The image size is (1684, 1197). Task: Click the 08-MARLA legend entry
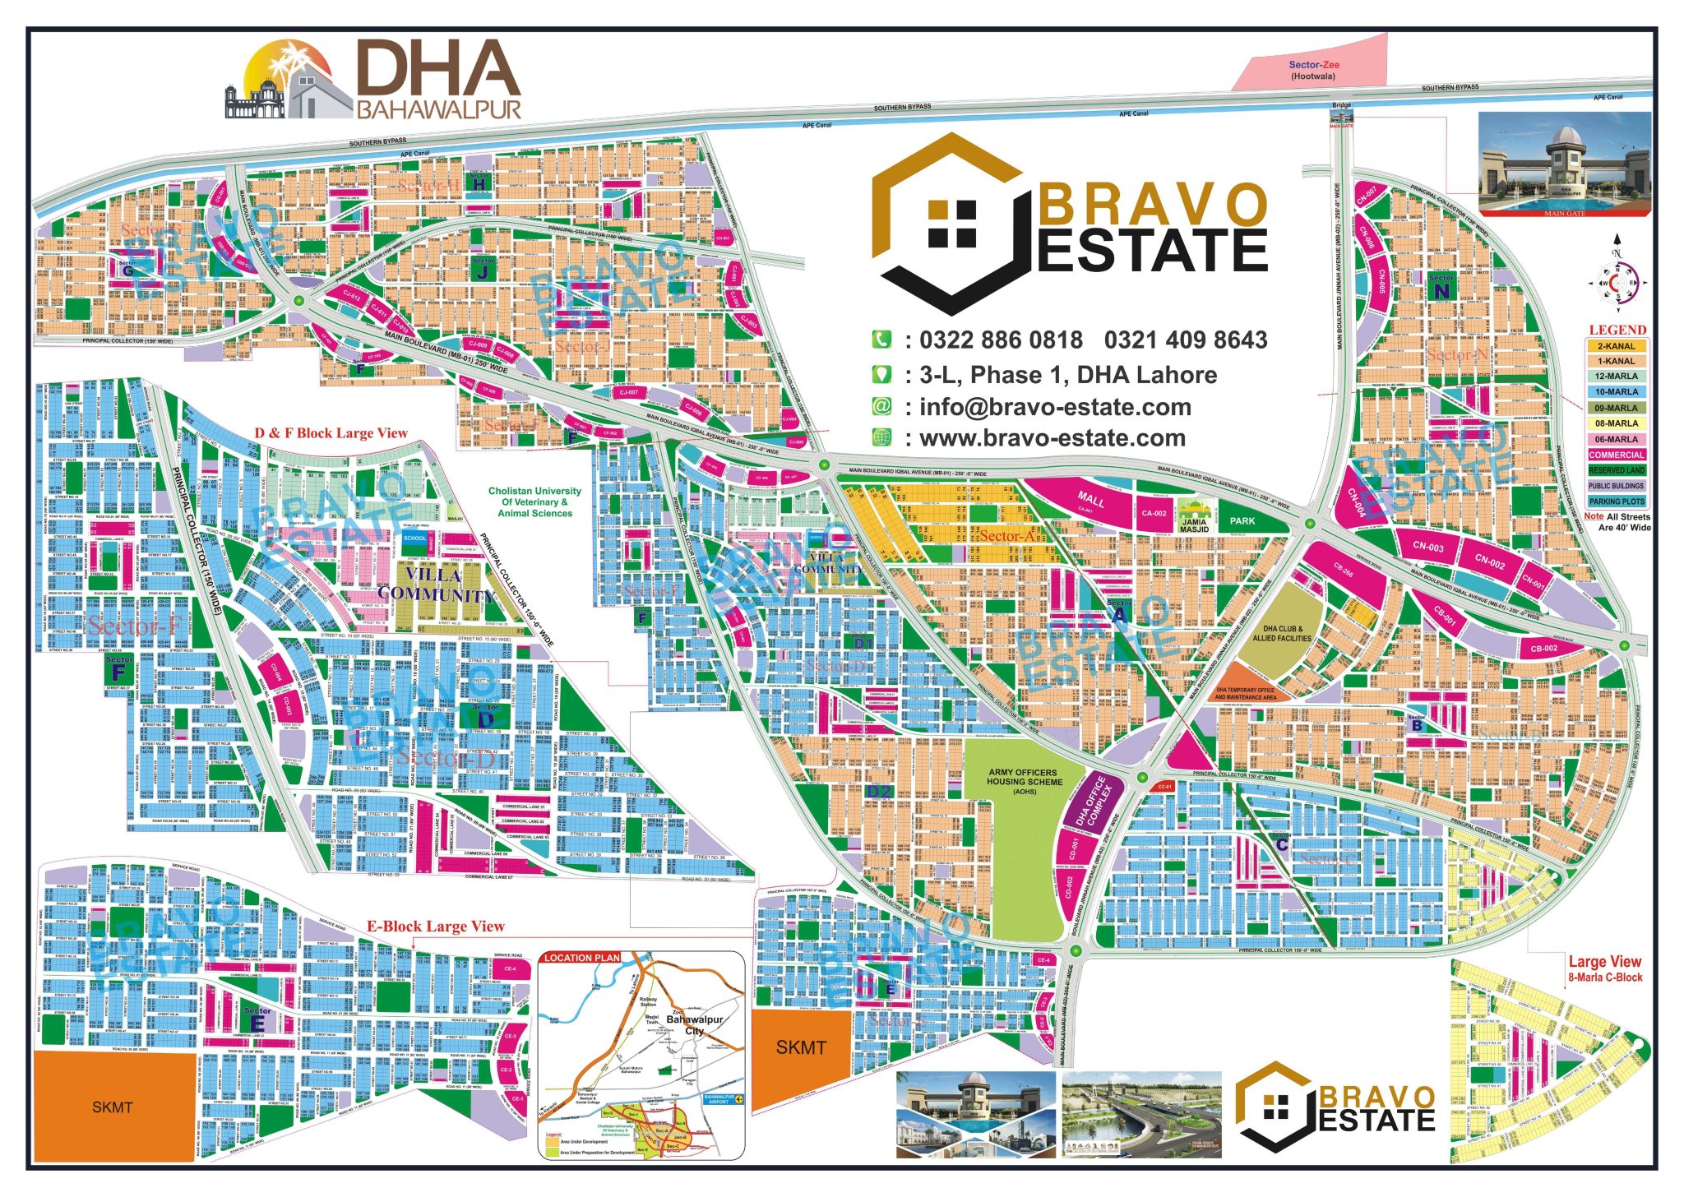[1616, 423]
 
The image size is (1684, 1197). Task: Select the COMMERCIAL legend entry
[1616, 455]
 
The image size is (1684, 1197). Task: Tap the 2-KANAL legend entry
[1616, 346]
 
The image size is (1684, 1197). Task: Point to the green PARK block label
[1242, 520]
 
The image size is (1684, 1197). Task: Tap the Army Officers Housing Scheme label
[1023, 781]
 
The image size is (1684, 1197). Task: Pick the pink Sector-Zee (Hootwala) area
[1312, 70]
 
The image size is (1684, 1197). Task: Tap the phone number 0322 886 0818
[1001, 340]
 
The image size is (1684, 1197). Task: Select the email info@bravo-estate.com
[1055, 407]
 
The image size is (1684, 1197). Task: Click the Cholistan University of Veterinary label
[534, 501]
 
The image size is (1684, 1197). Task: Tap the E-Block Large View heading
[435, 927]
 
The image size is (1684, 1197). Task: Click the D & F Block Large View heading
[331, 433]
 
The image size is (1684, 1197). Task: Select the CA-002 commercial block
[1154, 513]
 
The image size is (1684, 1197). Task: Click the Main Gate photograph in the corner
[1564, 165]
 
